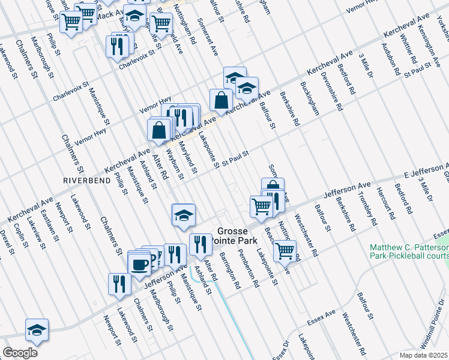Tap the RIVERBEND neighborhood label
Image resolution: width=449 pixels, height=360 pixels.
[86, 180]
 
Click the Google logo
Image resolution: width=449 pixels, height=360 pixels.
[20, 353]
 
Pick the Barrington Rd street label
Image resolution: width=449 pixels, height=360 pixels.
[230, 271]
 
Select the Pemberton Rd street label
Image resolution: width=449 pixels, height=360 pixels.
[248, 269]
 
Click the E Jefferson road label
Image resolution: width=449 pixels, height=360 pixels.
[426, 169]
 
